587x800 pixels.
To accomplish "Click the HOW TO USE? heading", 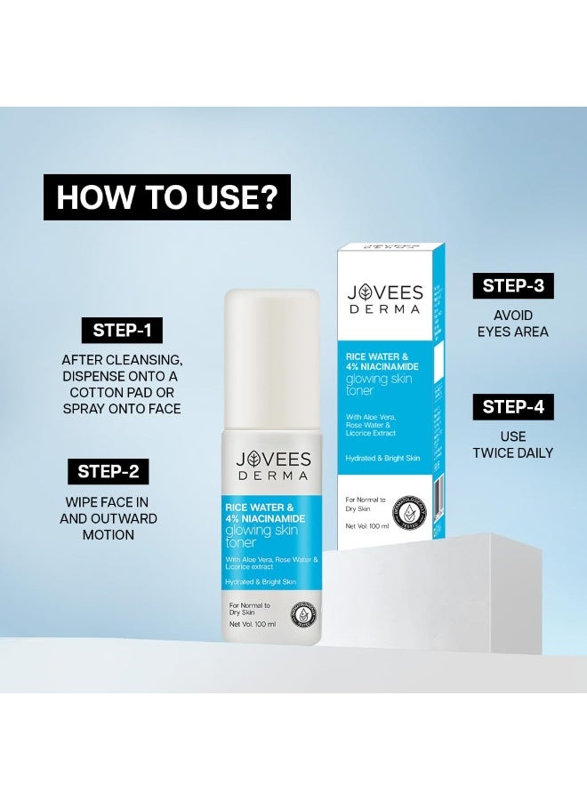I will (x=167, y=196).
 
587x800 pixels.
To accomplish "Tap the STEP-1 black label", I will (x=122, y=331).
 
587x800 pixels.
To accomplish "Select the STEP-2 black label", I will (x=107, y=471).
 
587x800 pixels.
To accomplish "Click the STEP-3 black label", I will (x=512, y=285).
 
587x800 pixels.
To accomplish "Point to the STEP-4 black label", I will (x=512, y=407).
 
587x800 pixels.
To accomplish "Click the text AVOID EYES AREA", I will (x=512, y=324).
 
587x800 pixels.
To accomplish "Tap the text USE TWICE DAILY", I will (x=512, y=444).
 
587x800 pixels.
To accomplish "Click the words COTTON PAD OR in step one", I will (x=123, y=392).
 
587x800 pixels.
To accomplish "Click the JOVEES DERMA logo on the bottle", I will (x=273, y=466).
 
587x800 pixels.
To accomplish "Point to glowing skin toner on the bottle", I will (x=266, y=536).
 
